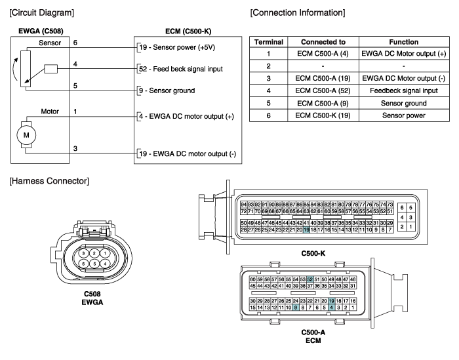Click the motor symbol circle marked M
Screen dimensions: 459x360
[26, 135]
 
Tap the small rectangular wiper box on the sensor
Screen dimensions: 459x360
[51, 69]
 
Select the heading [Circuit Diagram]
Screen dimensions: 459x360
[41, 13]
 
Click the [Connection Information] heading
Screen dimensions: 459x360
[298, 13]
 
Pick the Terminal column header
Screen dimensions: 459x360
[269, 42]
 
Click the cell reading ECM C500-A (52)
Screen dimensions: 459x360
[323, 90]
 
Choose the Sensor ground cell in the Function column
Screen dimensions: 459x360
[404, 104]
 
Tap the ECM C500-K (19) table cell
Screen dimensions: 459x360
[323, 115]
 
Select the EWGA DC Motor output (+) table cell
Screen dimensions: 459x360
[404, 54]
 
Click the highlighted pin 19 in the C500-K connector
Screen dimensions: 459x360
[306, 230]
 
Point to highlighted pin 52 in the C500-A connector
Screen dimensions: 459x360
[310, 279]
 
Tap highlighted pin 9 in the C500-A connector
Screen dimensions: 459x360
[296, 308]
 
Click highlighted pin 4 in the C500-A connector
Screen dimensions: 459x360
[331, 308]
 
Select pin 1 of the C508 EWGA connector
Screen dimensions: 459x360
[105, 253]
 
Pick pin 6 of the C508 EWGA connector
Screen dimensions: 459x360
[84, 264]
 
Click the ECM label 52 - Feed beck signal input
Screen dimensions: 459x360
[181, 69]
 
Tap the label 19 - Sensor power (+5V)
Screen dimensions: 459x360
[177, 47]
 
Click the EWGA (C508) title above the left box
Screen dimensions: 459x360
[41, 31]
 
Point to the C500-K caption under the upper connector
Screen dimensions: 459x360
[313, 254]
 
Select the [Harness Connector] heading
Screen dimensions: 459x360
[49, 181]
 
